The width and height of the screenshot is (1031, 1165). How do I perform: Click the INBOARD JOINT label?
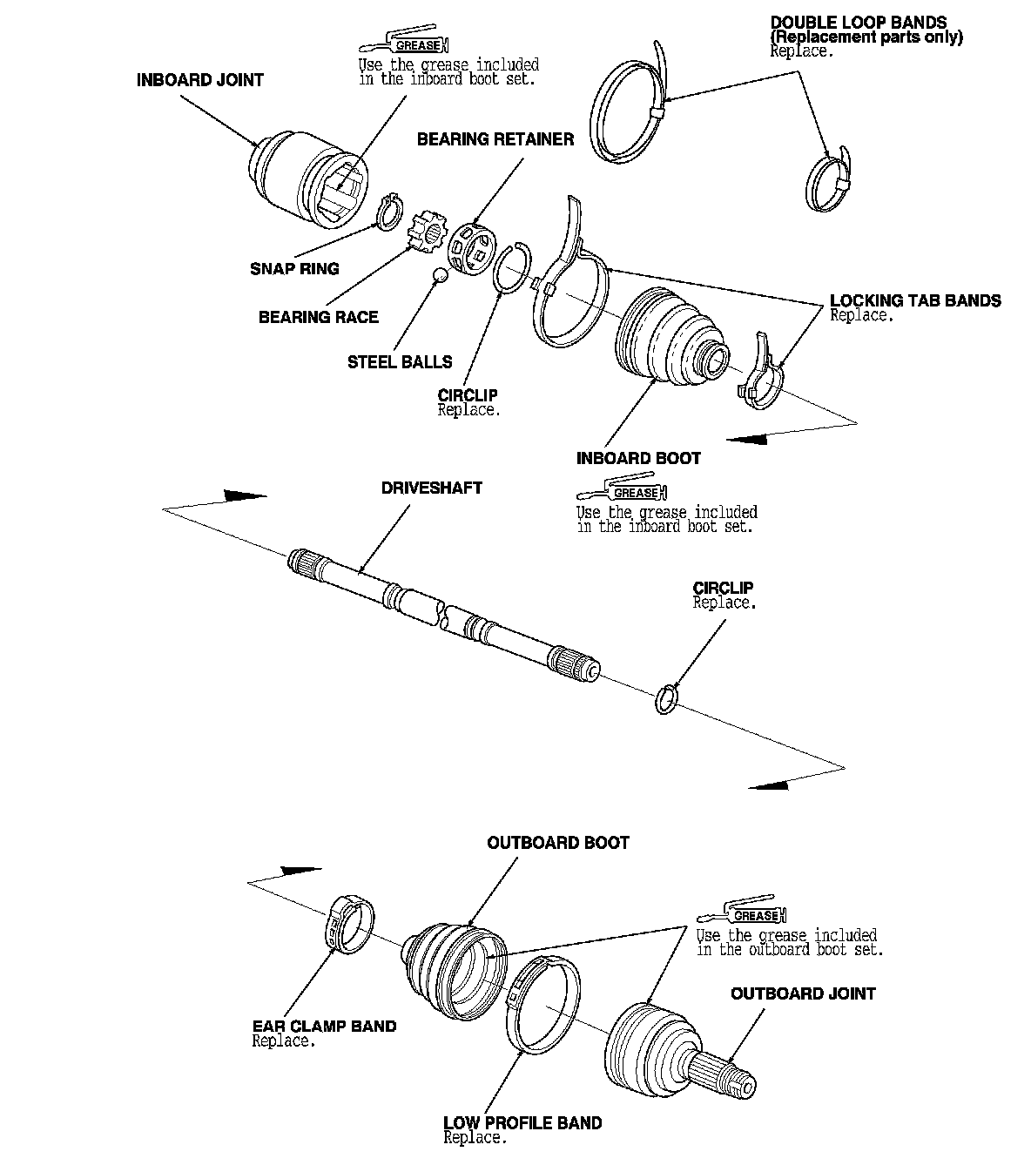200,80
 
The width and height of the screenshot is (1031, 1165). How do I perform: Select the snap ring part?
389,212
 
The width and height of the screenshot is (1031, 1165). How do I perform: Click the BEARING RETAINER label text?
495,139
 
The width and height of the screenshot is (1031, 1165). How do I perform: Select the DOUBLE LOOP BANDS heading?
858,23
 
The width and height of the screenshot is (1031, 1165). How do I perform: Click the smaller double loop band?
828,182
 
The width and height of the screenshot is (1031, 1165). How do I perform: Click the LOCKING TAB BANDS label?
915,301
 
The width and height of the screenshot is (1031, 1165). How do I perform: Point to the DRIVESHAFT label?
431,488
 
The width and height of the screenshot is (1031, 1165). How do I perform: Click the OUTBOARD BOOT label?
557,843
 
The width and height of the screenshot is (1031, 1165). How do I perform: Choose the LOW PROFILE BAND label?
522,1123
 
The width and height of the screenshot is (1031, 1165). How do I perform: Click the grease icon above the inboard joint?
405,46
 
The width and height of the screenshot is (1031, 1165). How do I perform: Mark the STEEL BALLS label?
400,362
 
